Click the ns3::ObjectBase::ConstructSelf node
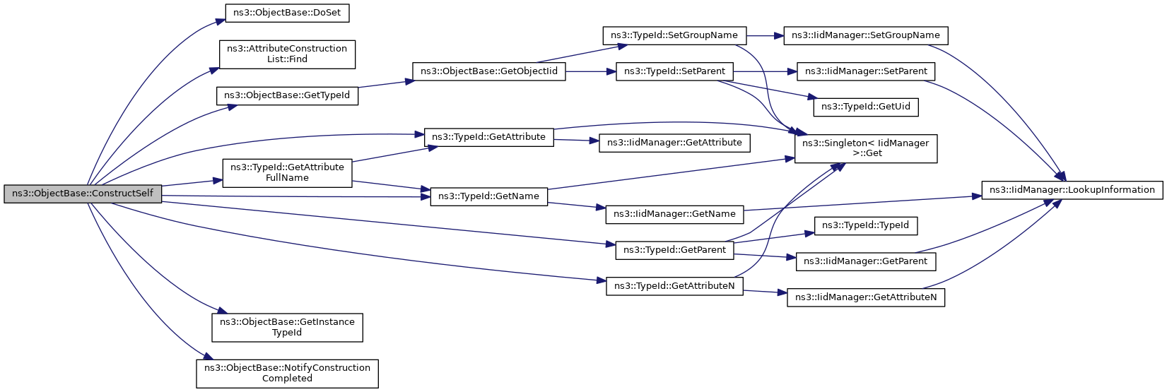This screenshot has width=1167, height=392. [x=83, y=193]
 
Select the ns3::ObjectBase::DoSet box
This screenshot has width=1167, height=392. [x=287, y=13]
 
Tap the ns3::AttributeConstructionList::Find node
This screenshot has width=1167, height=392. [x=287, y=54]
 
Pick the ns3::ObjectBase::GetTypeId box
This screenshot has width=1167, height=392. [x=287, y=95]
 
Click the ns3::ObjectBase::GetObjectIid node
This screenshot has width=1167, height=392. [x=488, y=71]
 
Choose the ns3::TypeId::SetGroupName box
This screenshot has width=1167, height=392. [x=674, y=35]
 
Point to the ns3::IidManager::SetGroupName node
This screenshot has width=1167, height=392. [x=865, y=35]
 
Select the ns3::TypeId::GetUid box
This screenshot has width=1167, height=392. [x=865, y=107]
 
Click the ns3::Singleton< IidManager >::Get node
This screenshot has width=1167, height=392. [x=865, y=148]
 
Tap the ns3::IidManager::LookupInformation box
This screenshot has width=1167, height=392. [x=1072, y=190]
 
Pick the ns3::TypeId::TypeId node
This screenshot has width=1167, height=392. [x=865, y=225]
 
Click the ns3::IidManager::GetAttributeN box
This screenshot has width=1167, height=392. [x=865, y=297]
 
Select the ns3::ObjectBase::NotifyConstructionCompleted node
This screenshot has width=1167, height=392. [x=287, y=373]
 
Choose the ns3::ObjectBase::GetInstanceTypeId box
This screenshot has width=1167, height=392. [x=287, y=328]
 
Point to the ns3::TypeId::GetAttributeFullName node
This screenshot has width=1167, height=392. [x=287, y=173]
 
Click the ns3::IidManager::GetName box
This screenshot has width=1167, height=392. [x=674, y=214]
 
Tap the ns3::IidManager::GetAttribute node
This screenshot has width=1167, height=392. [x=674, y=143]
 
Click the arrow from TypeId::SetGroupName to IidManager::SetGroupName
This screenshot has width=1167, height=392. [x=765, y=35]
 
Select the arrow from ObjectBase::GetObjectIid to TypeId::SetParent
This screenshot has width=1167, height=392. [x=591, y=71]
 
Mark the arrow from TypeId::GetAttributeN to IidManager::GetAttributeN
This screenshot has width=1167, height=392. [x=765, y=292]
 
